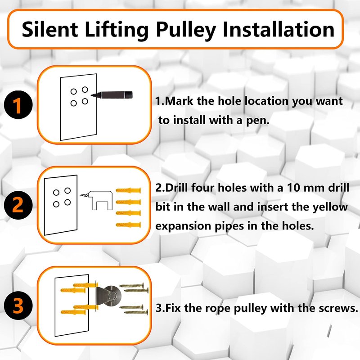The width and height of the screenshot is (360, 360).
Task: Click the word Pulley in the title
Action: coord(186,30)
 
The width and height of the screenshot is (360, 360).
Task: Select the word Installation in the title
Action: coord(279,29)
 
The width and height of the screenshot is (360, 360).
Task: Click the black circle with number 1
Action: coord(18,105)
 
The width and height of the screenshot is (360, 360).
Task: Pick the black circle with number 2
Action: coord(18,205)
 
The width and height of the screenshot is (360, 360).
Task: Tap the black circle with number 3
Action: coord(18,306)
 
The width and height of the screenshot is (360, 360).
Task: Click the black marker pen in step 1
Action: coord(112,95)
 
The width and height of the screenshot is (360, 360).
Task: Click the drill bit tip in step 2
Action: coord(80,195)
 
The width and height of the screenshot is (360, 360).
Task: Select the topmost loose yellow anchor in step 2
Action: coord(128,190)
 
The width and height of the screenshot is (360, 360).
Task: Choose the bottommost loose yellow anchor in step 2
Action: coord(128,225)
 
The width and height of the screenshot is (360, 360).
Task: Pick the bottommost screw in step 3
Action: coord(136,312)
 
